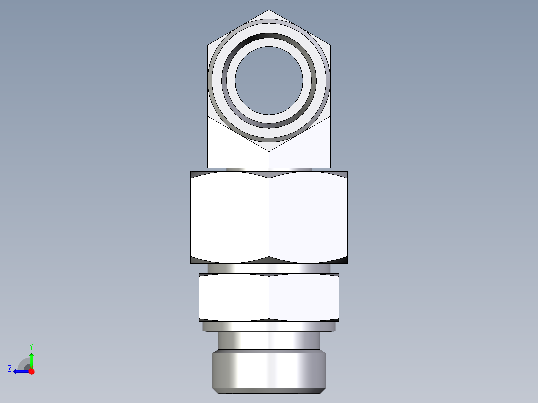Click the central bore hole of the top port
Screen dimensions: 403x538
(269, 80)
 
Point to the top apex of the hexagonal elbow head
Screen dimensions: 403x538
(269, 10)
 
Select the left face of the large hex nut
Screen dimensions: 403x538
(230, 217)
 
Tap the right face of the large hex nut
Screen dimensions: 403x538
(308, 217)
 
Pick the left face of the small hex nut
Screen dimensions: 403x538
(234, 297)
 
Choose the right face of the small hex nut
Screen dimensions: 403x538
(304, 297)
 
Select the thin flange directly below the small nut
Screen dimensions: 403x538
(269, 327)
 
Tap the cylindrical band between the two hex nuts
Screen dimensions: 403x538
(269, 268)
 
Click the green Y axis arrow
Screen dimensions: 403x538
(31, 358)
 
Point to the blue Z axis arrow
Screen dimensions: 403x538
(20, 371)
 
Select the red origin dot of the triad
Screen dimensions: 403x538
(31, 371)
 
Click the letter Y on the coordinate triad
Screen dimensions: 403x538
(31, 346)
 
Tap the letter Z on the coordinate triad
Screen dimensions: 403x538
(10, 369)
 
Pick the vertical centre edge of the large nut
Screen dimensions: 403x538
(269, 217)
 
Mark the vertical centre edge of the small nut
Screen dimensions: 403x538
(269, 297)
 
